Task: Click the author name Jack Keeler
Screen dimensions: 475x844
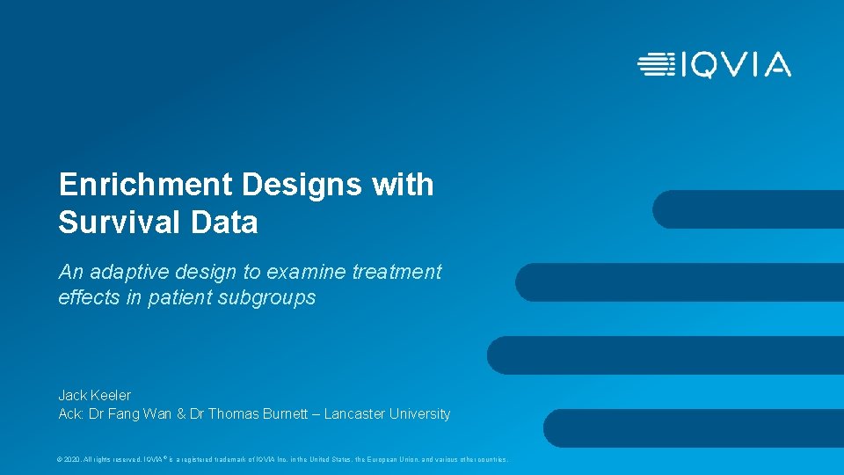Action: point(94,395)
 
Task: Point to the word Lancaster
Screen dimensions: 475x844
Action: point(356,413)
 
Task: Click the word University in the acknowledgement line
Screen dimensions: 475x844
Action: point(420,413)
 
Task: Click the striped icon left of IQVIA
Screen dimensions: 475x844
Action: point(656,65)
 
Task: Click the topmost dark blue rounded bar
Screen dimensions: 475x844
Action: point(747,209)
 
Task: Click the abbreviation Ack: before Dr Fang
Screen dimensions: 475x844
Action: point(70,413)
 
